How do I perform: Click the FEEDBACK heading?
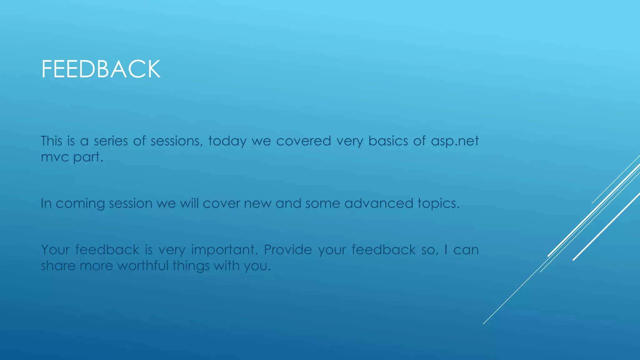pyautogui.click(x=101, y=69)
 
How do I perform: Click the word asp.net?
pyautogui.click(x=455, y=141)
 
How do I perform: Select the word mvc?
pyautogui.click(x=55, y=157)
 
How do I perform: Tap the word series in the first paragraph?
pyautogui.click(x=111, y=141)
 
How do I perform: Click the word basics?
pyautogui.click(x=388, y=141)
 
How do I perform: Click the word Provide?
pyautogui.click(x=288, y=250)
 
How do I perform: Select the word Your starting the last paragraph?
pyautogui.click(x=55, y=250)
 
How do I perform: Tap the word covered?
pyautogui.click(x=303, y=141)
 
